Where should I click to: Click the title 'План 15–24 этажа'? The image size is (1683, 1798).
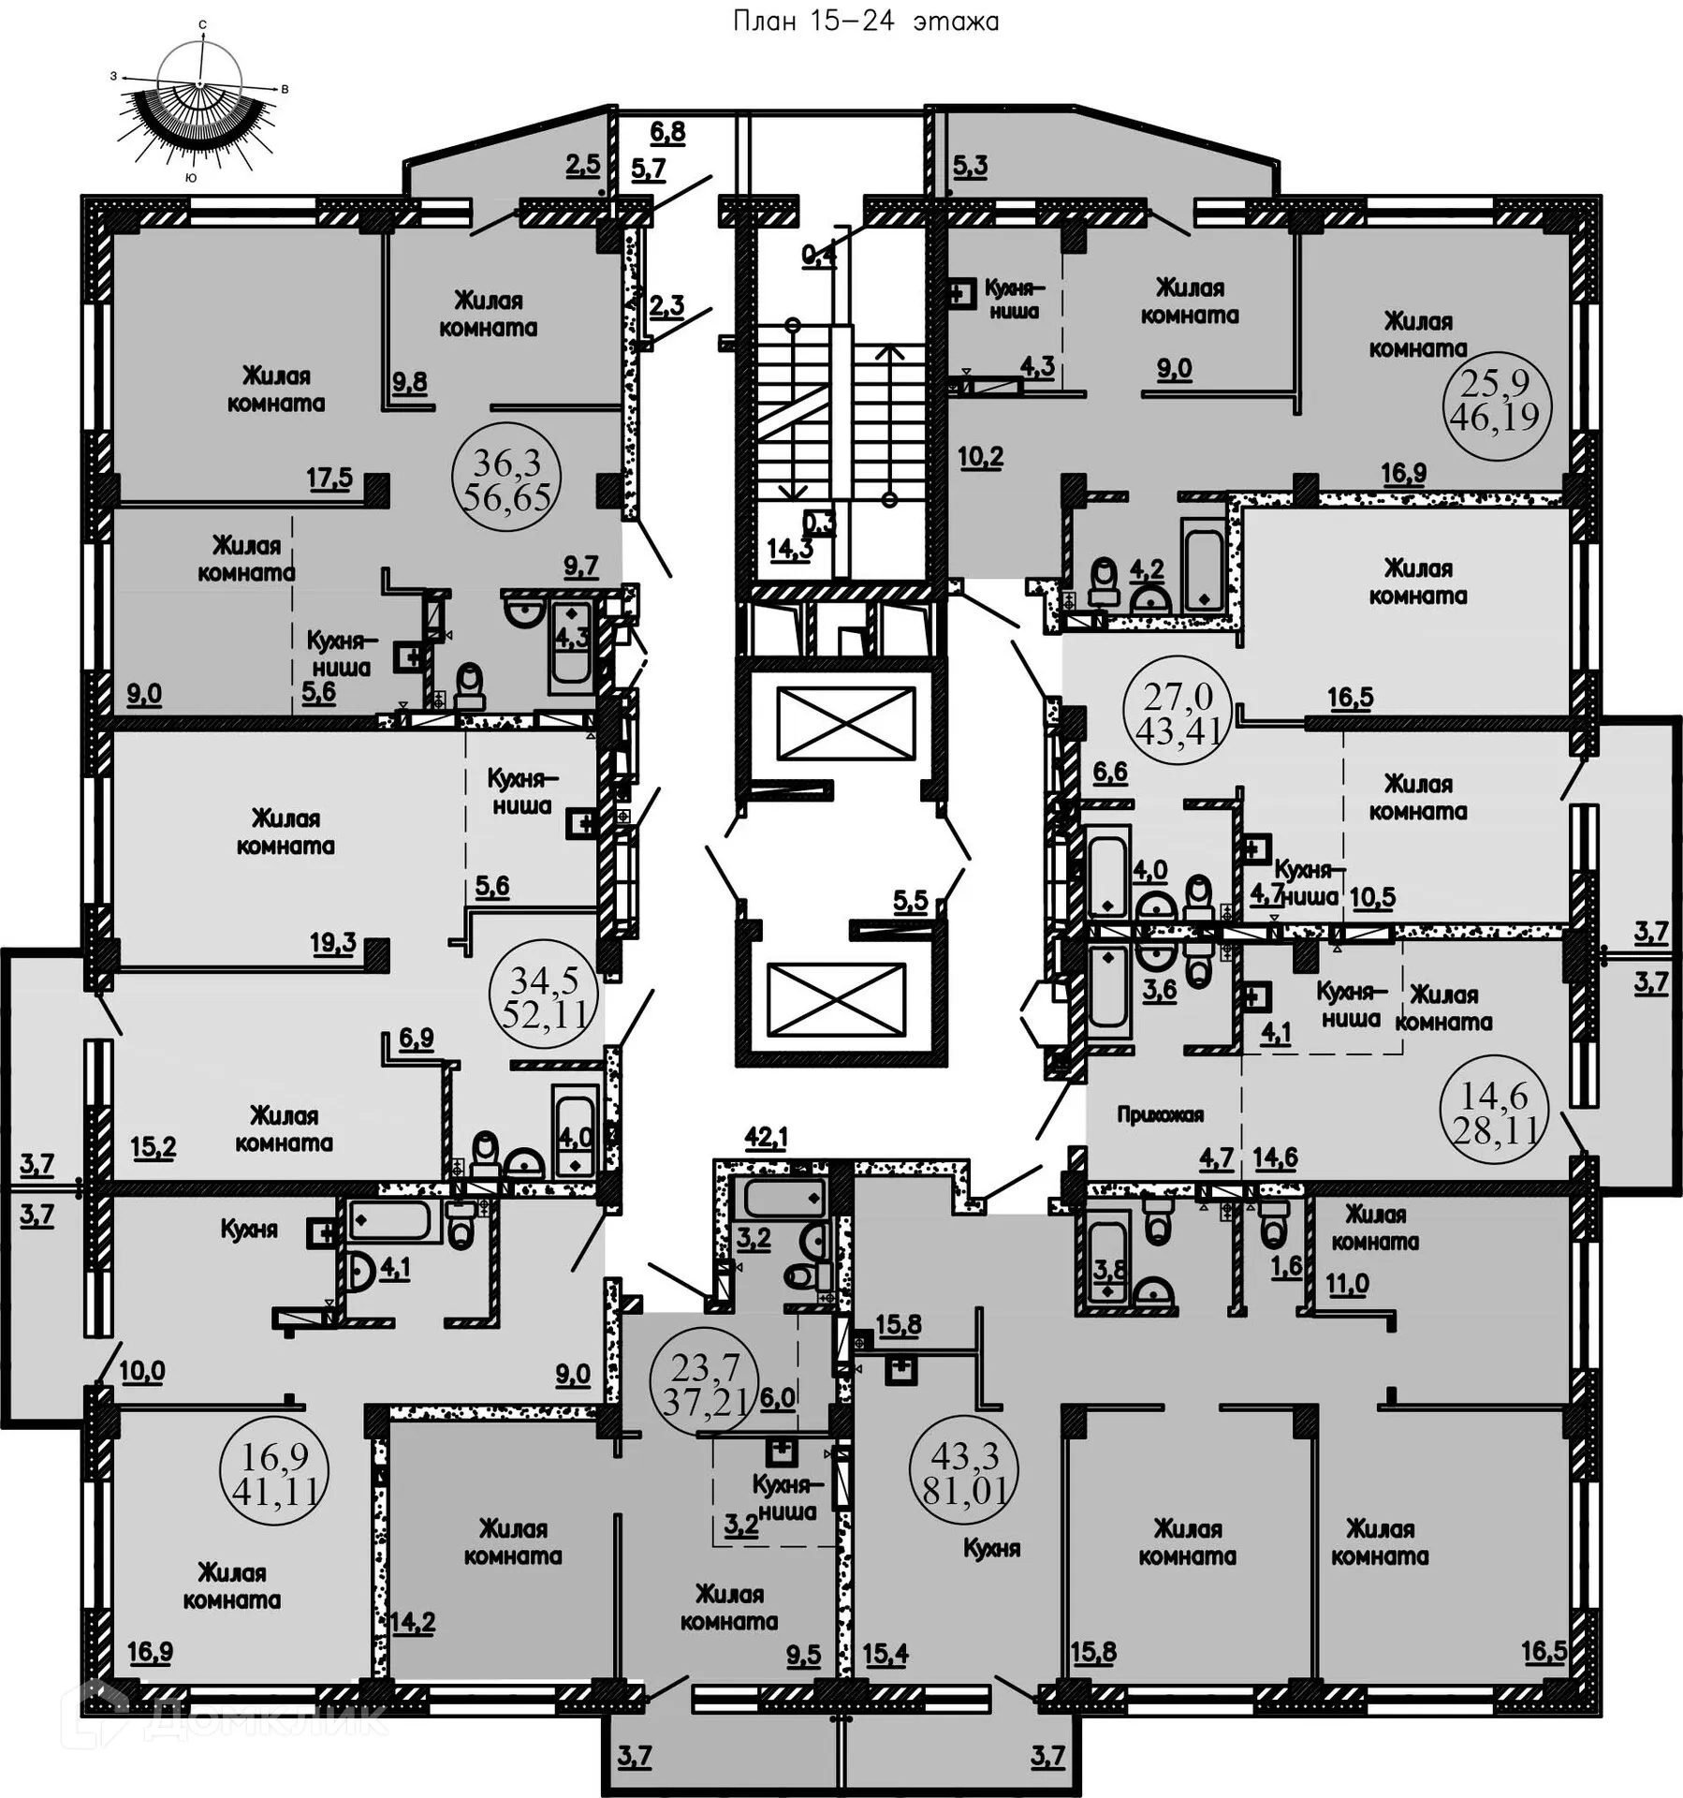click(x=865, y=22)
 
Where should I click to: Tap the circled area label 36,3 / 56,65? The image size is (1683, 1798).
click(x=507, y=479)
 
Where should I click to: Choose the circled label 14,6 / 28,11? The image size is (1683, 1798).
click(x=1495, y=1113)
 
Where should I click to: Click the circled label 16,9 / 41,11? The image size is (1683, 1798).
click(x=274, y=1474)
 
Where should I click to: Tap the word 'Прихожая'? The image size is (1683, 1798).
click(x=1160, y=1114)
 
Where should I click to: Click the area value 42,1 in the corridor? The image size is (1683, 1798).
click(x=766, y=1138)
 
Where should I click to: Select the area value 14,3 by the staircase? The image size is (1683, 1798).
click(x=790, y=550)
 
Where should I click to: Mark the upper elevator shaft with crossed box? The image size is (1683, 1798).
click(x=845, y=722)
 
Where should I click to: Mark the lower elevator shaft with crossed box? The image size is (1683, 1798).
click(x=836, y=999)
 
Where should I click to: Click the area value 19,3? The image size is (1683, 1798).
click(x=333, y=942)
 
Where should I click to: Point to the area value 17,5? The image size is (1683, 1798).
click(x=329, y=479)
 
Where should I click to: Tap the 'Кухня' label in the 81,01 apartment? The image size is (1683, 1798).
click(x=991, y=1548)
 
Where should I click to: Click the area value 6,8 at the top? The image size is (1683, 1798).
click(x=667, y=132)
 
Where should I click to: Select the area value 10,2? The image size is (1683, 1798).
click(x=980, y=457)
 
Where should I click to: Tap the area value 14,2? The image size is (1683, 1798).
click(x=413, y=1621)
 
